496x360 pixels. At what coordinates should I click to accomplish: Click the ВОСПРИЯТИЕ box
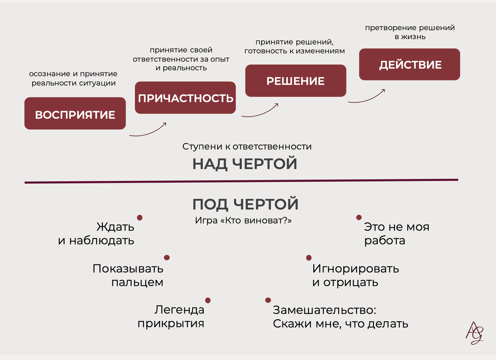coord(75,113)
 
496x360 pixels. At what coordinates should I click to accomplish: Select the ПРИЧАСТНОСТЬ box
coord(185,98)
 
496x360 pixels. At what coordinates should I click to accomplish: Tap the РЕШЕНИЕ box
coord(295,81)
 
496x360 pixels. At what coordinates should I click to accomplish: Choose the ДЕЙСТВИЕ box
coord(409,64)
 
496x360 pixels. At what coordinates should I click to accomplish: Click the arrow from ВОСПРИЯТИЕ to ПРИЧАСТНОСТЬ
coord(148,131)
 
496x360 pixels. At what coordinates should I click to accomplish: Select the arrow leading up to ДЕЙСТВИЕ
coord(367,98)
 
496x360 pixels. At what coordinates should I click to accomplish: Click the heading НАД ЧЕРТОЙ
coord(245,164)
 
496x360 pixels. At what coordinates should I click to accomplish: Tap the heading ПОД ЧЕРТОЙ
coord(245,204)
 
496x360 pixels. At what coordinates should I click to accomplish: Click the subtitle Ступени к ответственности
coord(247,147)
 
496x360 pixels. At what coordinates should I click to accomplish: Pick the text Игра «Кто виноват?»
coord(243,220)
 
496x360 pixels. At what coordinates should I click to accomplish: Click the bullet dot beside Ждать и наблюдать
coord(140,218)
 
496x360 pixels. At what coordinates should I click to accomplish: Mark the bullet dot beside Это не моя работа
coord(359,217)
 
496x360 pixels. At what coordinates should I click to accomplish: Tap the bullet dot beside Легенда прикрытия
coord(208,300)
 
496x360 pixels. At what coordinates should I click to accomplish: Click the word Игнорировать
coord(355,269)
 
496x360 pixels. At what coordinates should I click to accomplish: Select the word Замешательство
coord(324,310)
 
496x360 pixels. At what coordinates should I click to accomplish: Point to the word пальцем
coord(137,282)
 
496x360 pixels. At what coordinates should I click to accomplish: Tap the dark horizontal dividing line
coord(241,181)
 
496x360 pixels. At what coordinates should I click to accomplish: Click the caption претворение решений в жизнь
coord(410,32)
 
